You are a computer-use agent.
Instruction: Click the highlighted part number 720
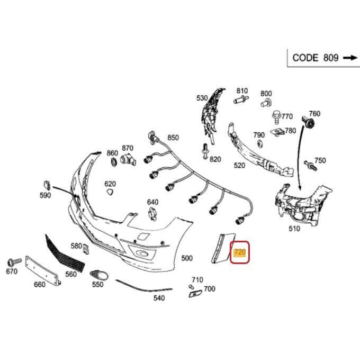click(240, 252)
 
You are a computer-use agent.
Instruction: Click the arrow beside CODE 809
click(350, 58)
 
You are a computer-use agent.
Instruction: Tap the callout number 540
click(159, 298)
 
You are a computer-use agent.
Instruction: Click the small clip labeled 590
click(46, 185)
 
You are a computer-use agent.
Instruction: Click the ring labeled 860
click(112, 164)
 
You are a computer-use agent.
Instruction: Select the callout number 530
click(202, 98)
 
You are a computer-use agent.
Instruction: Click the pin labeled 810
click(240, 99)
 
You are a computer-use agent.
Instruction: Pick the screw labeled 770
click(276, 115)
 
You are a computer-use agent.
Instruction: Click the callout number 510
click(294, 229)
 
